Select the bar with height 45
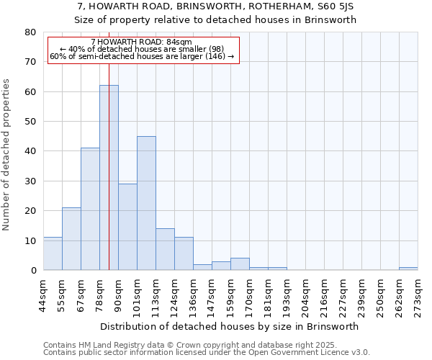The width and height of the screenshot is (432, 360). click(146, 203)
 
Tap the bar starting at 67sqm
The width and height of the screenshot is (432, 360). click(90, 209)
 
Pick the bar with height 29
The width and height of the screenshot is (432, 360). click(127, 227)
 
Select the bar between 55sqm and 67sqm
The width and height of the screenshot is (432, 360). click(71, 239)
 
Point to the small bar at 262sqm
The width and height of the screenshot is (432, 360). click(408, 269)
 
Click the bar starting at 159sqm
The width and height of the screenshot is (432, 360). click(240, 264)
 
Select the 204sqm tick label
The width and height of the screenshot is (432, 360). click(306, 294)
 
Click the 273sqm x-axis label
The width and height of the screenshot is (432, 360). click(418, 294)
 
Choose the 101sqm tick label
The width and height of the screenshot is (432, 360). click(138, 294)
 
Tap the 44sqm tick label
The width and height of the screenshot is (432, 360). click(44, 294)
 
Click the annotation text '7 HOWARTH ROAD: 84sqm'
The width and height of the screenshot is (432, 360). click(142, 42)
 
